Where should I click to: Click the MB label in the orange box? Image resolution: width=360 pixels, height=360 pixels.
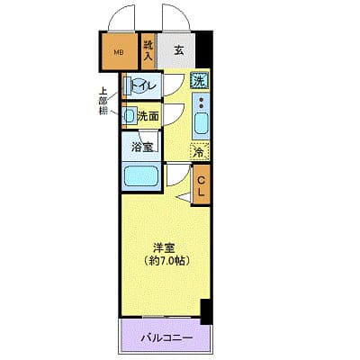click(x=118, y=50)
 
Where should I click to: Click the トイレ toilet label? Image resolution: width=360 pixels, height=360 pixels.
click(x=147, y=85)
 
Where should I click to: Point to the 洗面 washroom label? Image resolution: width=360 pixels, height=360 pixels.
click(x=148, y=115)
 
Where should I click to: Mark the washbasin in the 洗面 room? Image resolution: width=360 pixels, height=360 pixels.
click(x=130, y=115)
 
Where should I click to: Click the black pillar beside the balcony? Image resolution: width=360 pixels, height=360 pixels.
click(x=206, y=311)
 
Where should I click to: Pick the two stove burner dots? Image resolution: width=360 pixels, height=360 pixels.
click(x=200, y=100)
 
